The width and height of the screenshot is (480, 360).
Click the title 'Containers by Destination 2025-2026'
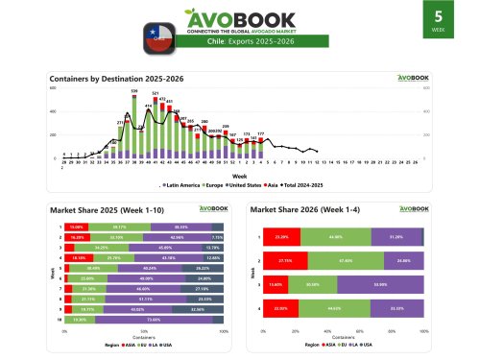point(109,77)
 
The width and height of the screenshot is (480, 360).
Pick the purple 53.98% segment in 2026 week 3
point(380,284)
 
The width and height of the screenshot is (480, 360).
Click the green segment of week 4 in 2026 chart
point(335,308)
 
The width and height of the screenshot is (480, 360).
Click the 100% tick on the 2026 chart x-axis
point(423,331)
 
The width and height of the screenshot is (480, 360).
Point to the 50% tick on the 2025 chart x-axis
point(143,331)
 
